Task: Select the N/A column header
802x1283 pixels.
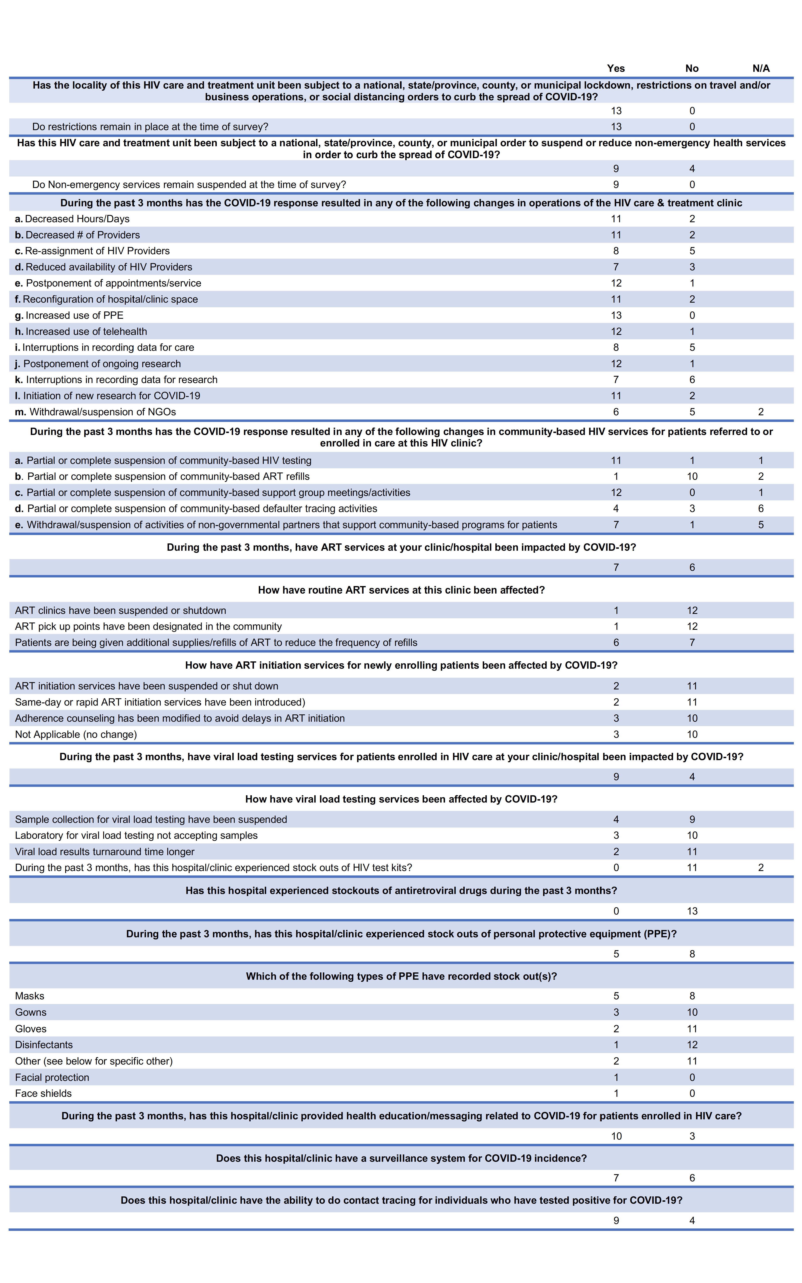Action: (761, 68)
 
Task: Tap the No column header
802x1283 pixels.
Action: (692, 68)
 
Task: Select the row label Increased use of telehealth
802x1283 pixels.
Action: (81, 331)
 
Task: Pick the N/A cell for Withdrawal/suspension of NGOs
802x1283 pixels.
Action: (761, 412)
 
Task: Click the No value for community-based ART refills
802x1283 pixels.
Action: (692, 477)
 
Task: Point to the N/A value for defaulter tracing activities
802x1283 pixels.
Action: (761, 509)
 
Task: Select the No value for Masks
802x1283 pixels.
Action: (692, 996)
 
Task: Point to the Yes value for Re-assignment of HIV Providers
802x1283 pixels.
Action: (616, 251)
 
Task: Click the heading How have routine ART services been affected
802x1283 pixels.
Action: (401, 590)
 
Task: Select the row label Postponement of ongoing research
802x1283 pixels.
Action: (98, 364)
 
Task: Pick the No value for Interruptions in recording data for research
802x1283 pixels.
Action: (692, 380)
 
